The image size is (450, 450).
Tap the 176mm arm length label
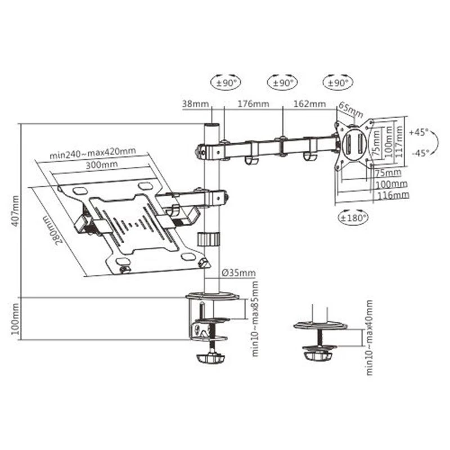tap(253, 103)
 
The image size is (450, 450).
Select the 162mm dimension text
tap(309, 103)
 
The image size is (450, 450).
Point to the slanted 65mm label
tap(350, 109)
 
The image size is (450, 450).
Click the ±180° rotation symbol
tap(353, 217)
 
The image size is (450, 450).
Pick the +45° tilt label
tap(419, 133)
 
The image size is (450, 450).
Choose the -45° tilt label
tap(419, 152)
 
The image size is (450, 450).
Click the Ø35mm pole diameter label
tap(238, 273)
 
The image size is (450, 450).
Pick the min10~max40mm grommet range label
tap(370, 337)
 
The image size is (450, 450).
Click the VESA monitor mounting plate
tap(354, 145)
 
